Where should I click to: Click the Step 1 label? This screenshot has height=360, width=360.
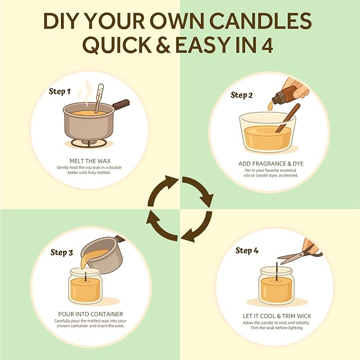pos(59,92)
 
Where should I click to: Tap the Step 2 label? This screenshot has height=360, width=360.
pos(242,95)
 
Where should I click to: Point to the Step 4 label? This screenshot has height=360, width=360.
pos(247,250)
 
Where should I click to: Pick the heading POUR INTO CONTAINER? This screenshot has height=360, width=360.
pos(91,314)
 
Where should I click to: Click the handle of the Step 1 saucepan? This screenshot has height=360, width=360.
pos(121,104)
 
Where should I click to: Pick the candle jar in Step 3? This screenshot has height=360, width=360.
pos(85,286)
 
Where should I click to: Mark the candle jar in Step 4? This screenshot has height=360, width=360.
pos(275,286)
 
